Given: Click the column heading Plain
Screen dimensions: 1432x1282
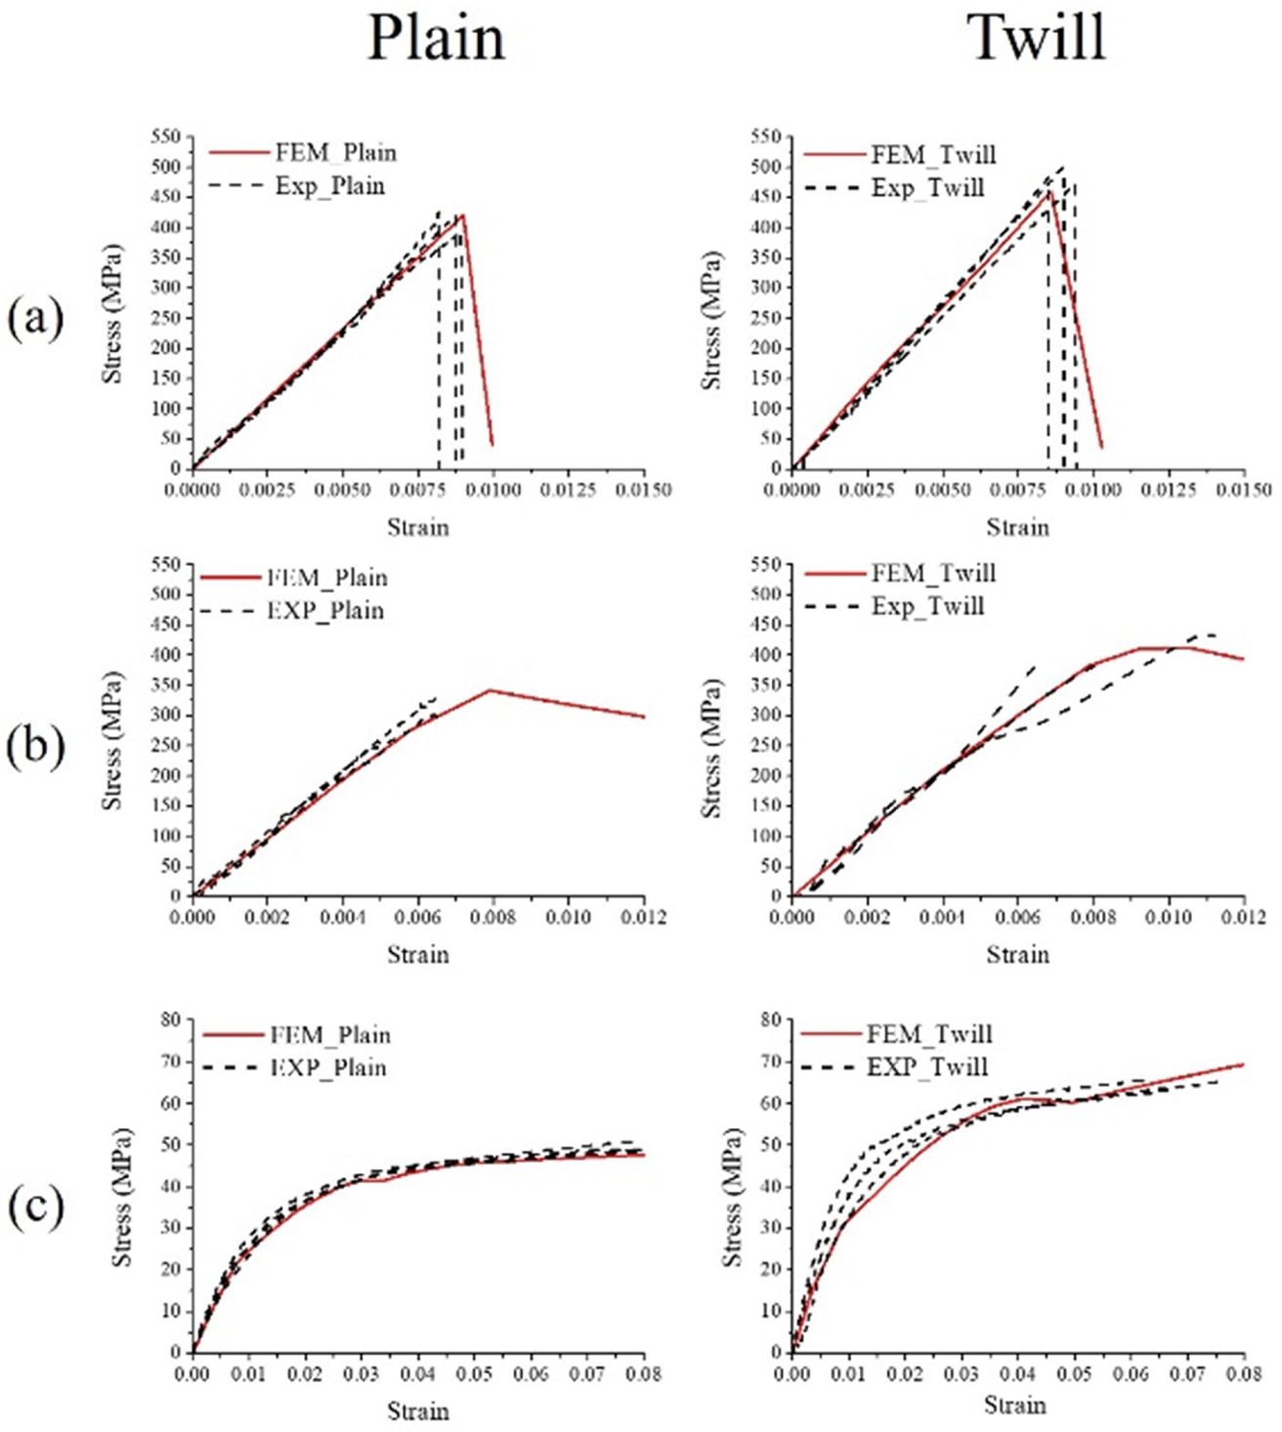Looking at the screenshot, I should (436, 39).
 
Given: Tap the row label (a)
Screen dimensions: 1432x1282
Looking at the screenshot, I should (35, 319).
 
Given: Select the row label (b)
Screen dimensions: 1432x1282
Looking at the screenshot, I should (35, 746).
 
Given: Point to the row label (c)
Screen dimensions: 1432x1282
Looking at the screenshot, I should (35, 1207).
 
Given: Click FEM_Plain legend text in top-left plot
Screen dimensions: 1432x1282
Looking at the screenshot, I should (335, 152).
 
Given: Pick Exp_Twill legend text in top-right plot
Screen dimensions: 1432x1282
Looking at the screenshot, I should (927, 188).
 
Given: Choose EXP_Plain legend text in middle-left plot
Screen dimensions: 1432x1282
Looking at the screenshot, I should (325, 611).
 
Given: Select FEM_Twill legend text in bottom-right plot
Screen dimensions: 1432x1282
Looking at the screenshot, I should (929, 1034).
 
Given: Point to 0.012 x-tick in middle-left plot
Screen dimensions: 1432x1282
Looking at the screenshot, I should (644, 917).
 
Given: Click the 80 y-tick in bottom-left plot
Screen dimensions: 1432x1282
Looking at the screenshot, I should (171, 1020).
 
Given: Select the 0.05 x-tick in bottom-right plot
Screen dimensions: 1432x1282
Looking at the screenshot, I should (1074, 1373).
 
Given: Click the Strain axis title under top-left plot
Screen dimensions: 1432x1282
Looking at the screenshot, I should (418, 528).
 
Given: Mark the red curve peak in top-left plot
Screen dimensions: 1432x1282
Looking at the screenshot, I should (462, 215).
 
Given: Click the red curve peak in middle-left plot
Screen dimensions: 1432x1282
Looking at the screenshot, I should (490, 690).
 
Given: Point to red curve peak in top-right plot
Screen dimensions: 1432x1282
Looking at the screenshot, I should (1049, 191).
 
